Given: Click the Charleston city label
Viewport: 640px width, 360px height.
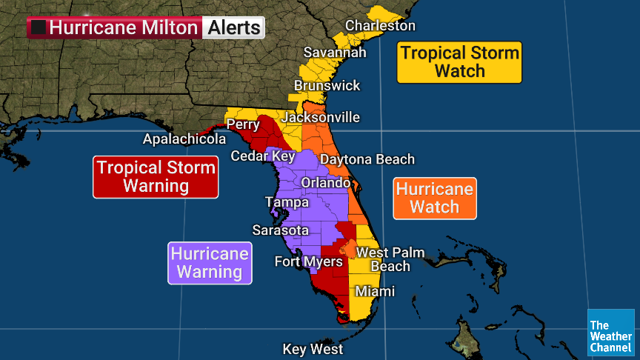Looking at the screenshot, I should click(380, 26).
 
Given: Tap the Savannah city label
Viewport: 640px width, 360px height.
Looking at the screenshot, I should click(335, 53).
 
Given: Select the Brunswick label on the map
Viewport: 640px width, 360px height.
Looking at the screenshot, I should click(327, 86).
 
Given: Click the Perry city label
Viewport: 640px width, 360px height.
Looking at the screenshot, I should click(243, 124).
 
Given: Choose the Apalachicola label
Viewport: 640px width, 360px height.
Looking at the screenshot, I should click(184, 139).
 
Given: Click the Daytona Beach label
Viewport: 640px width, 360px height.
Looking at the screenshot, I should click(367, 159).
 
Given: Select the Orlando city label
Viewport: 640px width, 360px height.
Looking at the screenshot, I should click(325, 182).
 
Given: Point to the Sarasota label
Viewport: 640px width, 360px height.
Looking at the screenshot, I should click(280, 230).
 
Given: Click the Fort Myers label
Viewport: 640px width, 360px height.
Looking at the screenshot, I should click(308, 261).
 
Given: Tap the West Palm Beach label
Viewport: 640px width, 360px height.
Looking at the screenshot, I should click(390, 259).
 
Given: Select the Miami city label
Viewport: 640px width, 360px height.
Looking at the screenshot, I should click(375, 292).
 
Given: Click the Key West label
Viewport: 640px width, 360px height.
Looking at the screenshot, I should click(313, 350).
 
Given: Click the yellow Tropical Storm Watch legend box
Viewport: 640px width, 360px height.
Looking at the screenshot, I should click(459, 62).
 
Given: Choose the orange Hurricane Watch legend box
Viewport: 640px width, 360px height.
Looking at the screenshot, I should click(434, 198).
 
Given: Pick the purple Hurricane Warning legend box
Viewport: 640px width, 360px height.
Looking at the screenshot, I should click(210, 263).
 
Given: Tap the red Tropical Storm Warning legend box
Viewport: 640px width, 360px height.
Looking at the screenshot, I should click(156, 176).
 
